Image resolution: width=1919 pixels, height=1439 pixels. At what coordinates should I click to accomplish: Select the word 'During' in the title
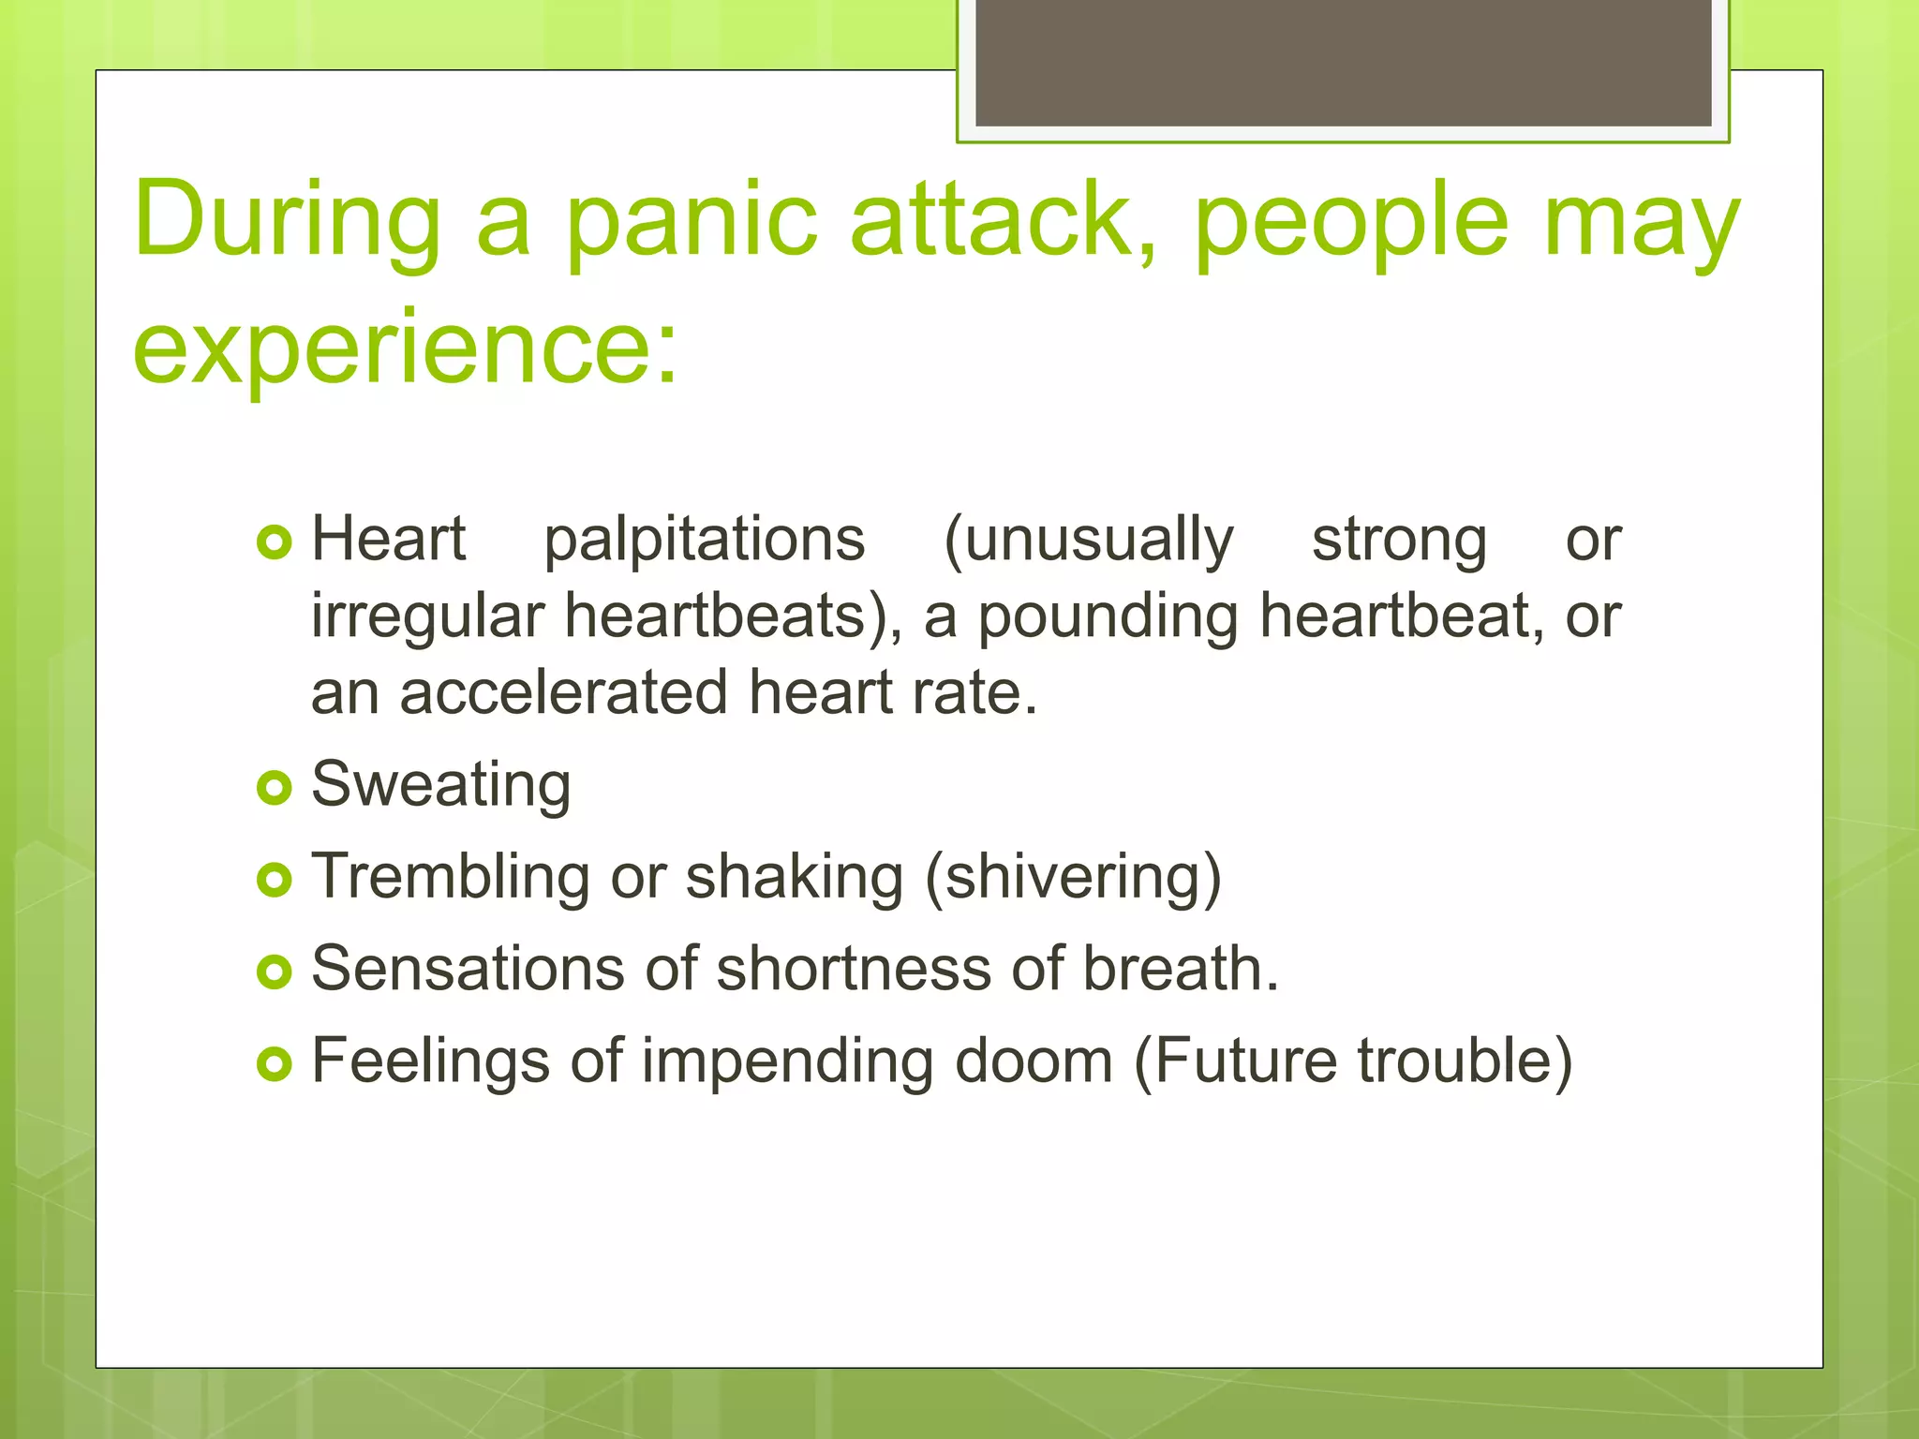pyautogui.click(x=287, y=223)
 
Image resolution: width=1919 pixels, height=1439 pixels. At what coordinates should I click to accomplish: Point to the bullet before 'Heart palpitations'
pyautogui.click(x=274, y=542)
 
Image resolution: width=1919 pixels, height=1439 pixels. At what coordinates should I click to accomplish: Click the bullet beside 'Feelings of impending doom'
pyautogui.click(x=274, y=1063)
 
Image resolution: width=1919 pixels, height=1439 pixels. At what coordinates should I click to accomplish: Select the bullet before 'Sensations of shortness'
pyautogui.click(x=274, y=972)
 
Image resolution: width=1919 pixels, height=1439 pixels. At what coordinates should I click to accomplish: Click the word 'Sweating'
pyautogui.click(x=440, y=785)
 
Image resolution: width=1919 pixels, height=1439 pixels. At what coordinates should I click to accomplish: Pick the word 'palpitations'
pyautogui.click(x=705, y=541)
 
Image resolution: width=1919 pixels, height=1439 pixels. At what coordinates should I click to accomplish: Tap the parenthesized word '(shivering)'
pyautogui.click(x=1073, y=878)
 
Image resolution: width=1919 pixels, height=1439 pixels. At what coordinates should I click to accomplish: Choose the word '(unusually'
pyautogui.click(x=1089, y=541)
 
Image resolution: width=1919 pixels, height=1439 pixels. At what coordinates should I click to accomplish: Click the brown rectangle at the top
pyautogui.click(x=1343, y=64)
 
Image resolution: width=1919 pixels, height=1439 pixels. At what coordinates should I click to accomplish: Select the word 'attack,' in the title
pyautogui.click(x=1004, y=223)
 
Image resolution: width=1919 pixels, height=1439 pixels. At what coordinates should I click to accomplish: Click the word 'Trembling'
pyautogui.click(x=451, y=878)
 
